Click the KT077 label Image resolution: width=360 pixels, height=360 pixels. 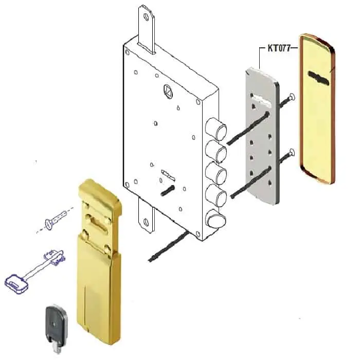279,48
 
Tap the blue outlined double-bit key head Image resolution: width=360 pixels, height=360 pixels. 16,283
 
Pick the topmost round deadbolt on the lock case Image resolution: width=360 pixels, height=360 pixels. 215,129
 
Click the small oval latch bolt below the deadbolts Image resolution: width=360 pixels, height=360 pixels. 215,219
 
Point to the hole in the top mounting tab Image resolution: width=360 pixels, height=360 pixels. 146,17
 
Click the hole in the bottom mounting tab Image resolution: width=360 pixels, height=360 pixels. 146,222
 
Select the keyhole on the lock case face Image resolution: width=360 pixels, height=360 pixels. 168,175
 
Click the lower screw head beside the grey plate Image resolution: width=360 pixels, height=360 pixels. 292,152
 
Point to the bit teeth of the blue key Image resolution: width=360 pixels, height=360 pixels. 55,258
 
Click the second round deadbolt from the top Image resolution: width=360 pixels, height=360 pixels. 216,152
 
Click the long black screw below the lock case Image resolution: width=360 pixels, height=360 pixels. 169,246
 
